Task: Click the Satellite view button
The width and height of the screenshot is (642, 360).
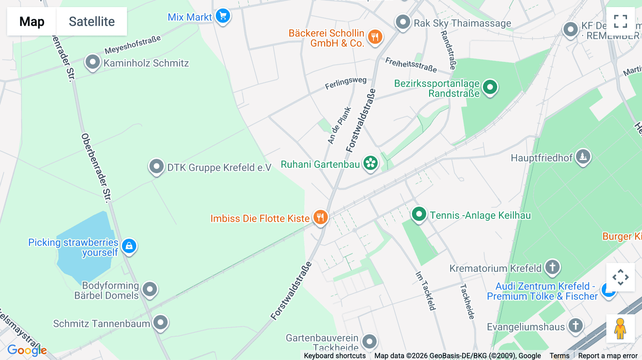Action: coord(92,21)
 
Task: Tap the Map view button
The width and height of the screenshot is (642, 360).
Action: coord(32,21)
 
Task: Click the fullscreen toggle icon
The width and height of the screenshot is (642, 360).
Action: coord(620,21)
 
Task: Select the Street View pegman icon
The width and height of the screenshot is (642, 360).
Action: coord(620,329)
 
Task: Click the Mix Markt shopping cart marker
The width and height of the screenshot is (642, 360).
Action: coord(223,16)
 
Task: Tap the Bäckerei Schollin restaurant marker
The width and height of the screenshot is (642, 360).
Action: coord(375,36)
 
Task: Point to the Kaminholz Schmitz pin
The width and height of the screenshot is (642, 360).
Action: coord(92,62)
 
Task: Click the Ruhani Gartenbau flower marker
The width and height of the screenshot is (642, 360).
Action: coord(371,163)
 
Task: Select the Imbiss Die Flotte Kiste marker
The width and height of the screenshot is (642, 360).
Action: coord(320,217)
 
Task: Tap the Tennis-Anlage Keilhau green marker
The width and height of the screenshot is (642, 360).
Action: coord(419,214)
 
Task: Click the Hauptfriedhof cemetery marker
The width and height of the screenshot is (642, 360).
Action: coord(583,156)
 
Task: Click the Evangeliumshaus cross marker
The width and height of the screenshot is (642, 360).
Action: coord(575,325)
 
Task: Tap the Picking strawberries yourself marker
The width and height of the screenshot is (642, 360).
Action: coord(129,246)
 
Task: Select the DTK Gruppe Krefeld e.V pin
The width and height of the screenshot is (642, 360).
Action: coord(156,166)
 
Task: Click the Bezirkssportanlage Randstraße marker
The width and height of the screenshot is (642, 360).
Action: coord(490,87)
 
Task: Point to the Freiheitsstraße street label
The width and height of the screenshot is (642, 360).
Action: coord(411,65)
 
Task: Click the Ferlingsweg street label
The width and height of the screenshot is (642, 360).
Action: coord(346,83)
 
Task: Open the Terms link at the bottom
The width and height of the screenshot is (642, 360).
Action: coord(559,356)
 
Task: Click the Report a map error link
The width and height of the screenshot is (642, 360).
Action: coord(608,356)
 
